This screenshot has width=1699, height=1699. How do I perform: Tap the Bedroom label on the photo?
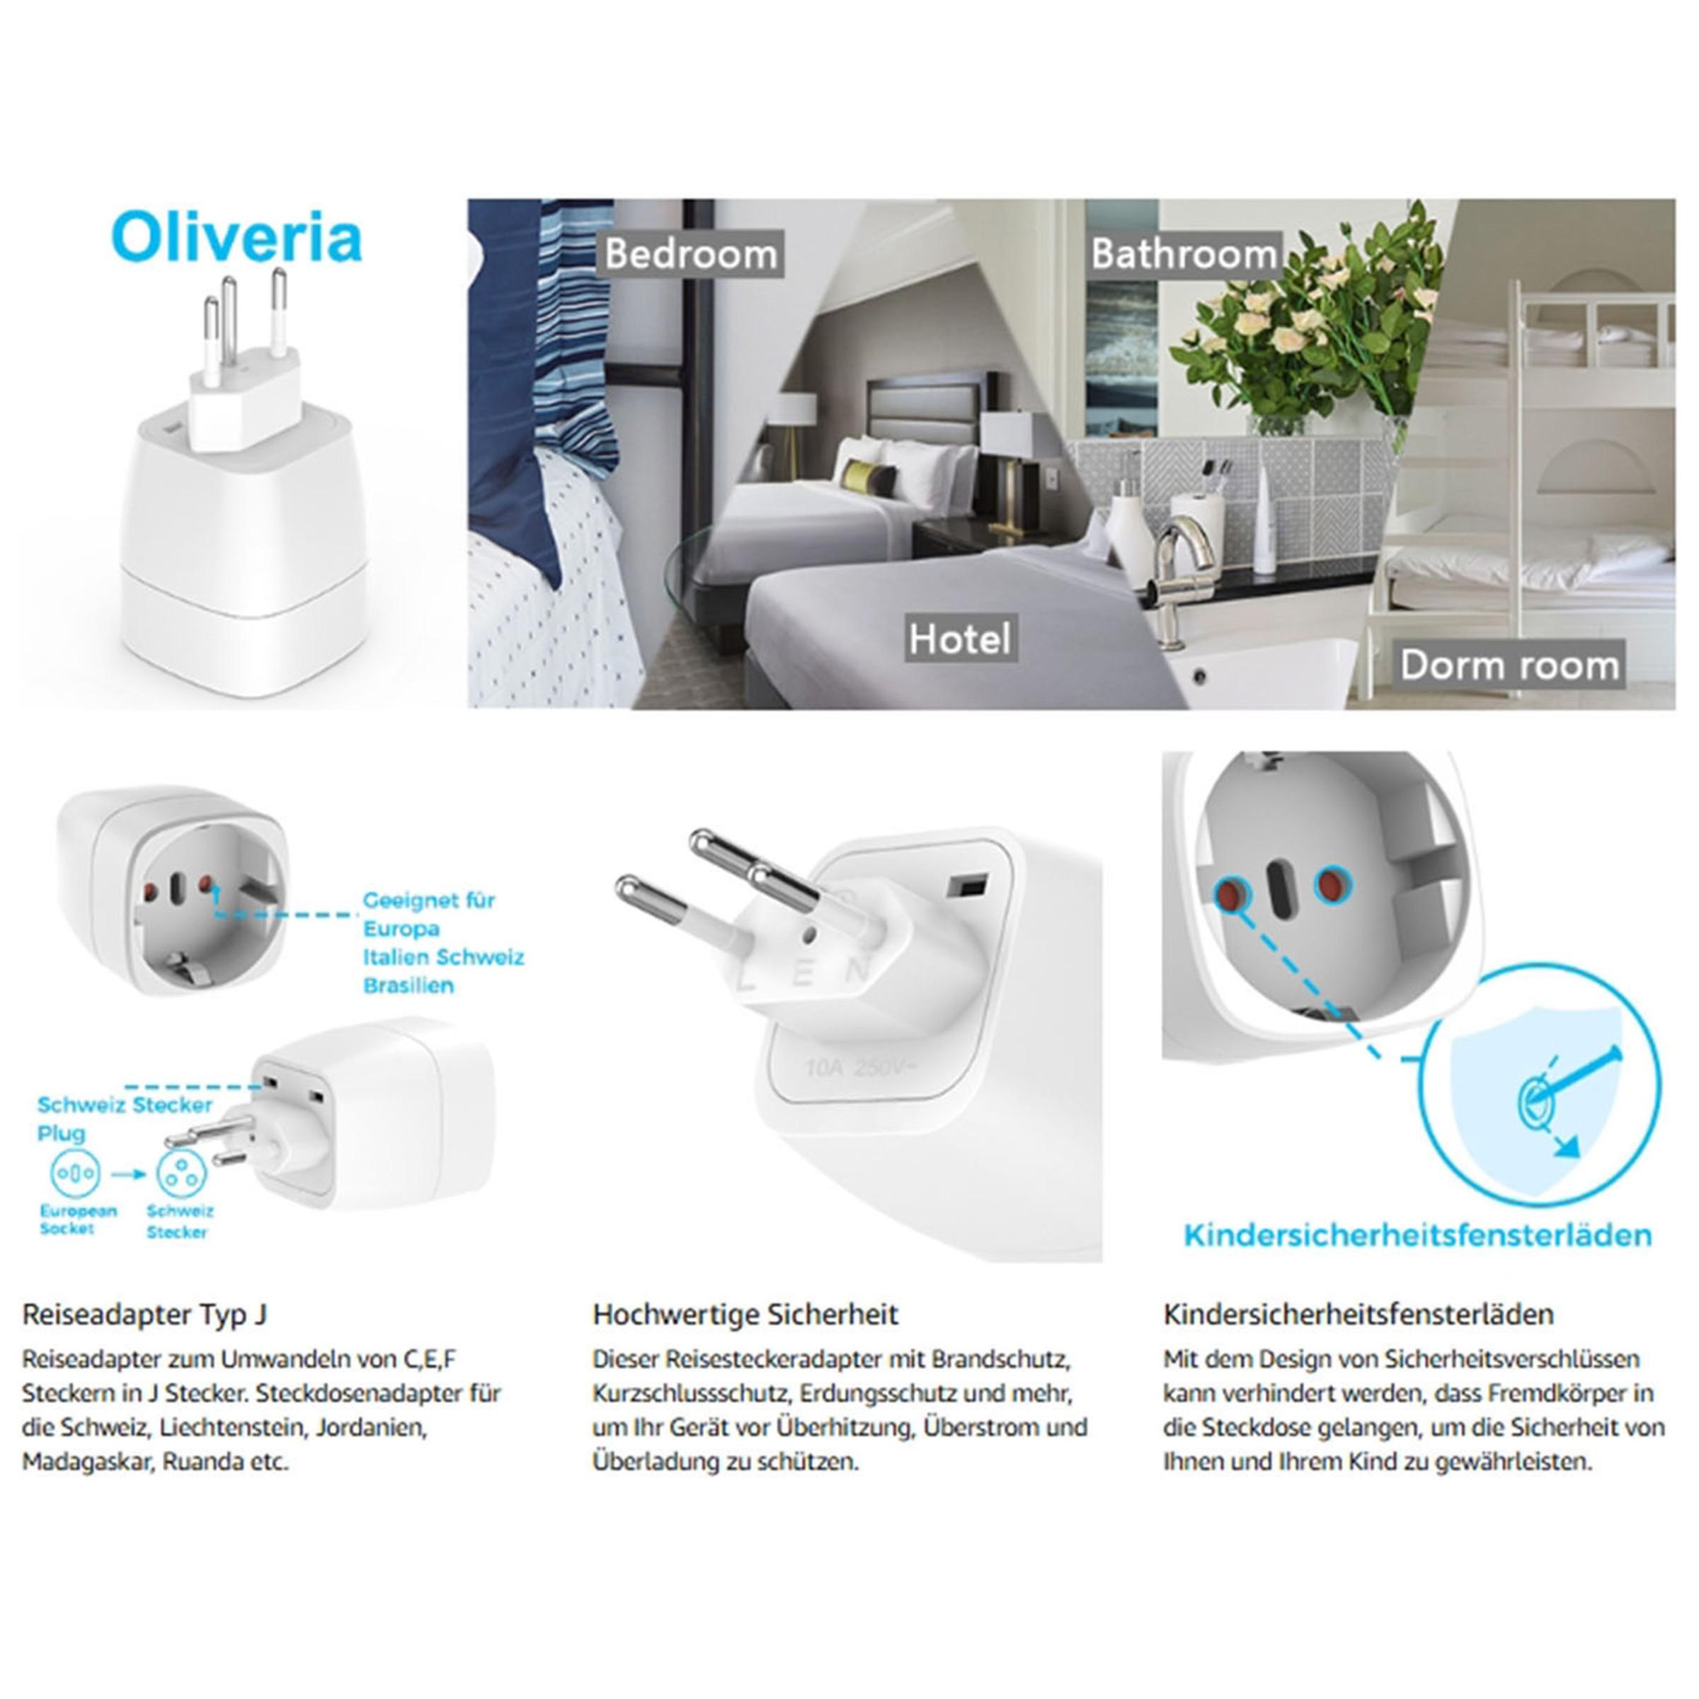[x=691, y=254]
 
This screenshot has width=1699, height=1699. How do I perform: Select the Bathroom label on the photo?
[x=1184, y=254]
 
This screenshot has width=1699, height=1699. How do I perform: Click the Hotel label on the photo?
[x=959, y=639]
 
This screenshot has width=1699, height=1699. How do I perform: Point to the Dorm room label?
[x=1509, y=665]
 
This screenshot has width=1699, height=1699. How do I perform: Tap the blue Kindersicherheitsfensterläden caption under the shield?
[x=1417, y=1235]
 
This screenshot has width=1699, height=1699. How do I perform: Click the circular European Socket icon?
[x=76, y=1173]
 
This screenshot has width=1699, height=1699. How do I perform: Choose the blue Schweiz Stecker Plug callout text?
[x=124, y=1118]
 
